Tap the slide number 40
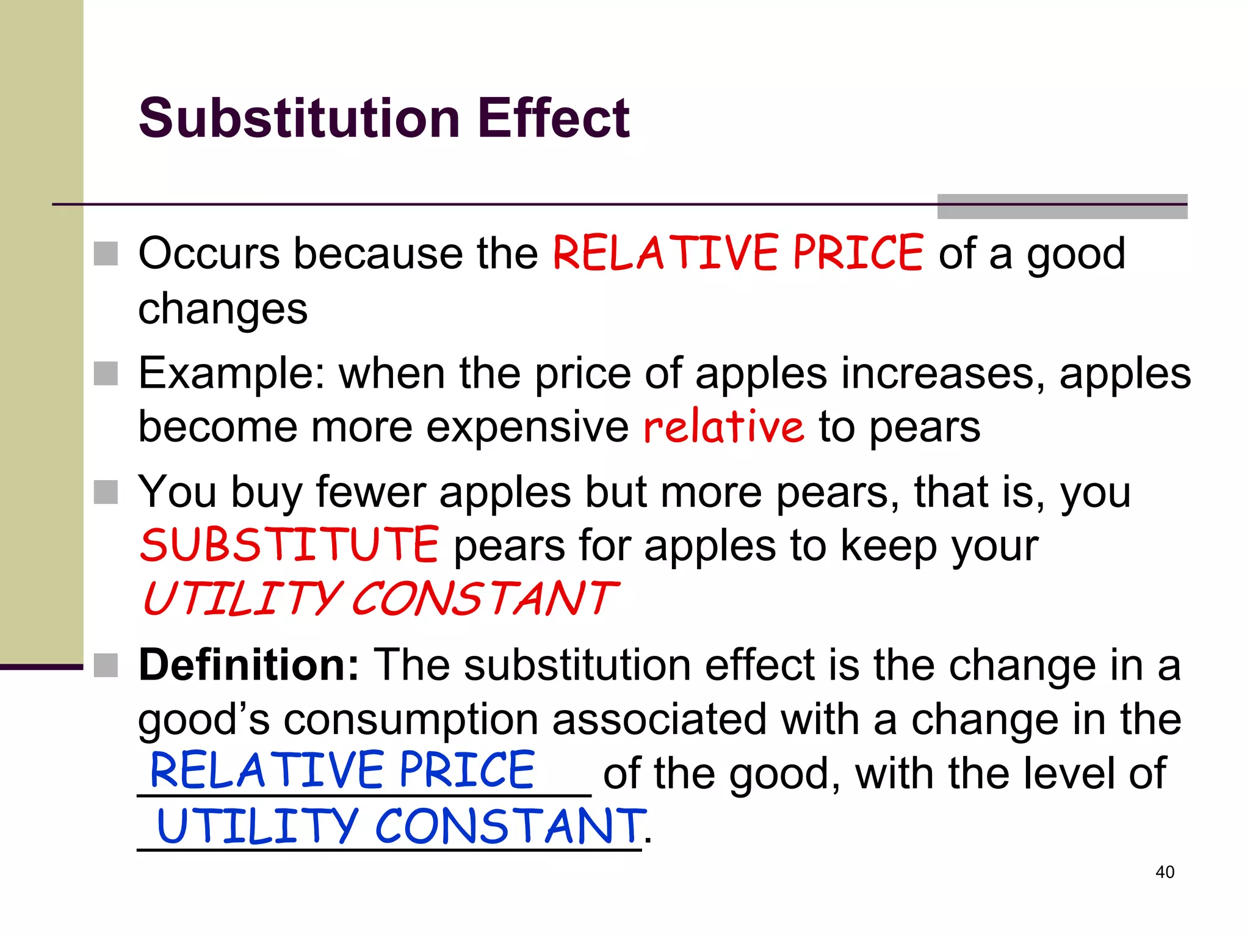click(x=1165, y=872)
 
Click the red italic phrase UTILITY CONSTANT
click(x=380, y=598)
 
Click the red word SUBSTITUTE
click(x=289, y=545)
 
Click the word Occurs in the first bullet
click(x=208, y=253)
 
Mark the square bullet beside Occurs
click(x=106, y=254)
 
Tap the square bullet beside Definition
click(x=106, y=666)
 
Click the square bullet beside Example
click(x=106, y=374)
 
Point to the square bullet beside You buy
click(x=106, y=492)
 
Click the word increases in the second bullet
click(x=942, y=373)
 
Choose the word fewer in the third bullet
click(x=370, y=492)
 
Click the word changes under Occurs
click(x=223, y=309)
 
